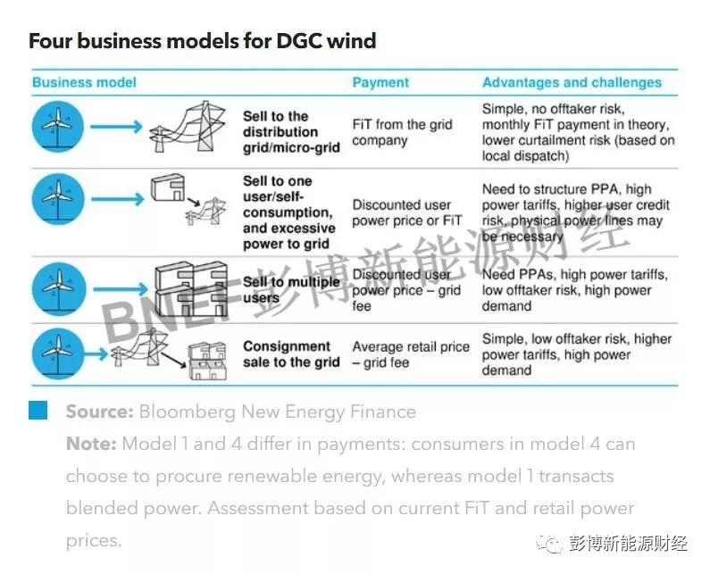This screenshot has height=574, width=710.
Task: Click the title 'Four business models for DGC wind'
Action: pos(202,40)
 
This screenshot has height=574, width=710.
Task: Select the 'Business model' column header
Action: pos(84,82)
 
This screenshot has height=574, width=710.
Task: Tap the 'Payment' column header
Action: pos(380,82)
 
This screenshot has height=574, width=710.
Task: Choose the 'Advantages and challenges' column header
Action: pos(572,82)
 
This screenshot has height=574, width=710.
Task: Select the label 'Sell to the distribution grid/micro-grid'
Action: pos(291,132)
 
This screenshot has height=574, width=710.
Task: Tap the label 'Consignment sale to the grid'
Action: pos(291,354)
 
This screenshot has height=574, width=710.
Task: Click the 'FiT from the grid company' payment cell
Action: pos(402,132)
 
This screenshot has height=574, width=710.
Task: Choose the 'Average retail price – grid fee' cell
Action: pos(410,354)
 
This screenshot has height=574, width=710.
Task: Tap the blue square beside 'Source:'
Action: pos(38,411)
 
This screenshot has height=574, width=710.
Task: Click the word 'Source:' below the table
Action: pos(99,412)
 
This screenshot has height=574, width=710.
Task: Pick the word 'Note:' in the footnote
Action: pos(91,444)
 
